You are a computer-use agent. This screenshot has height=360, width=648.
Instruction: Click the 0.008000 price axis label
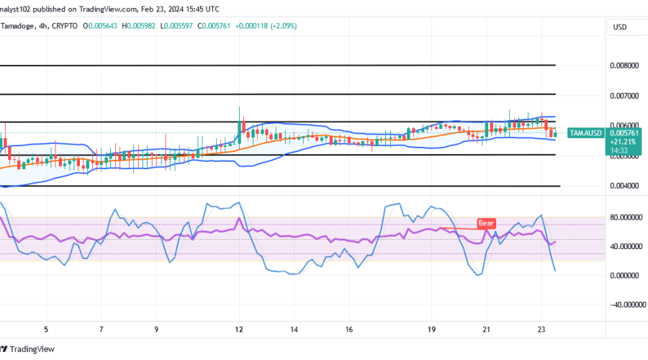[624, 65]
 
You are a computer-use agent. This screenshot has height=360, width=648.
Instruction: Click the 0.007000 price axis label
[624, 95]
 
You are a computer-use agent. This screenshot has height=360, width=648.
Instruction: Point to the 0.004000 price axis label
[624, 186]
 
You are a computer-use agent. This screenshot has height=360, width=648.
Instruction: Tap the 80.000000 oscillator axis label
[626, 217]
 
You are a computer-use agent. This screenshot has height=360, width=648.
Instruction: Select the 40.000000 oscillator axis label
[626, 246]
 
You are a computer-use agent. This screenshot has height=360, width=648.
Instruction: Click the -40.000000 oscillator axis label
[624, 304]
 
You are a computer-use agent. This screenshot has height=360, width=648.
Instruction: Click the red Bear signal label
[486, 224]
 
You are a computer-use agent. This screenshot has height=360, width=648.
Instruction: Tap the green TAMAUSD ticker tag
[585, 132]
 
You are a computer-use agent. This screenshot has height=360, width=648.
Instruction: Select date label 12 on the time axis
[239, 329]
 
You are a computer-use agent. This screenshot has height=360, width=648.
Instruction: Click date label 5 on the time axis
[46, 329]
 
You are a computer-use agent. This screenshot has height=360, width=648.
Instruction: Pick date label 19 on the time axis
[431, 329]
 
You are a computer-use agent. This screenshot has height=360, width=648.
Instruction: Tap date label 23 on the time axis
[541, 329]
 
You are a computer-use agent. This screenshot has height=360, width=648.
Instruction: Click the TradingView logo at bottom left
[30, 349]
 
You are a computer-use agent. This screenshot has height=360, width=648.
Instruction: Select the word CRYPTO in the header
[65, 26]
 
